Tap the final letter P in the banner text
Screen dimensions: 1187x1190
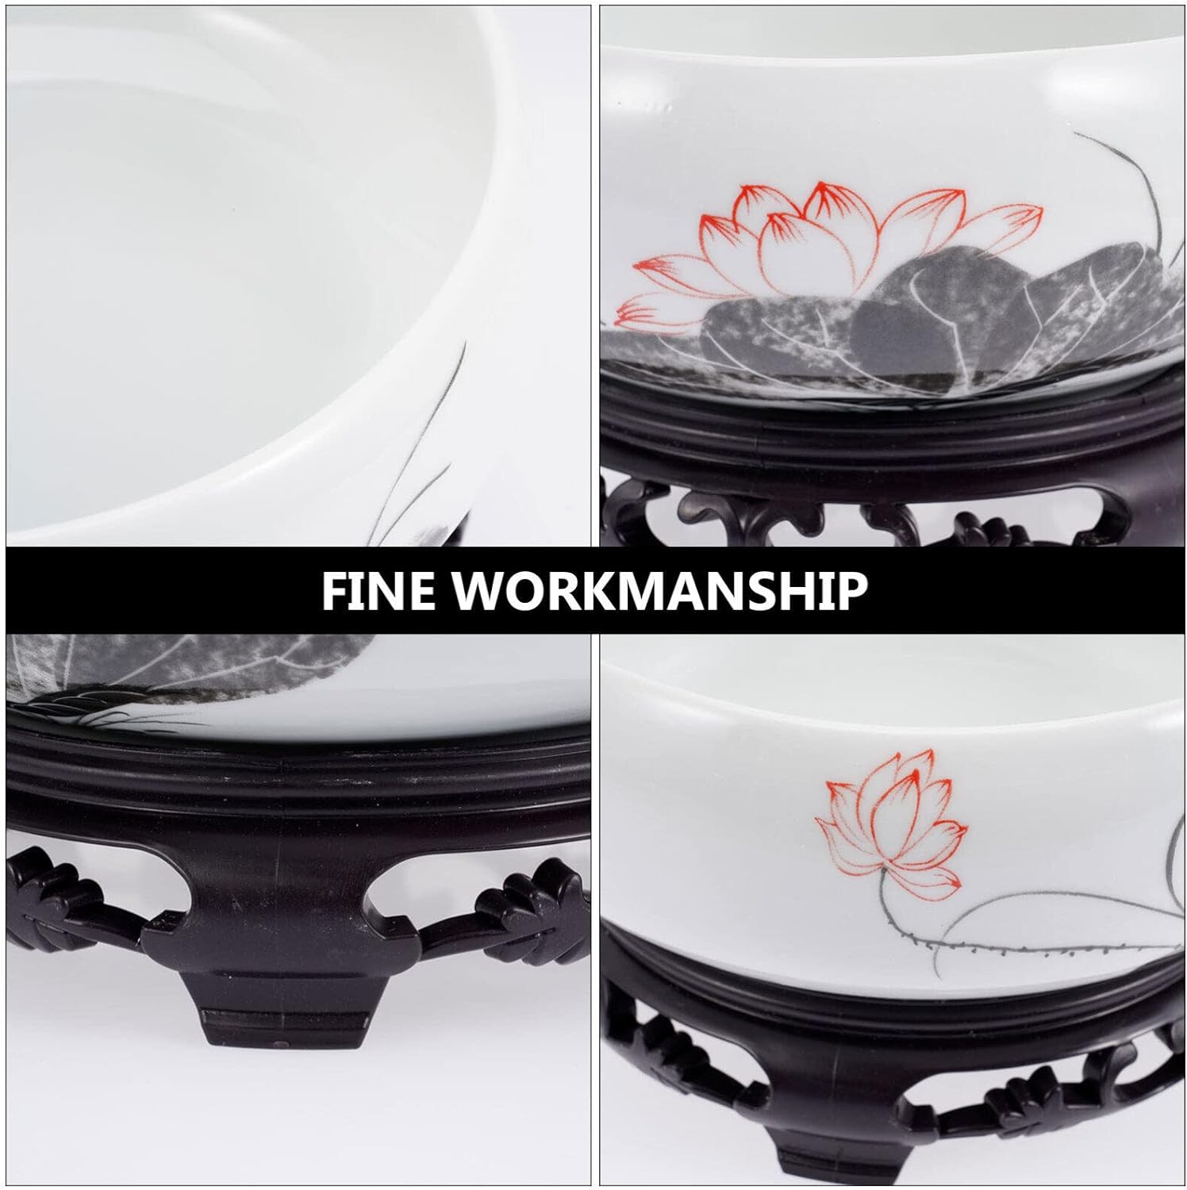[851, 590]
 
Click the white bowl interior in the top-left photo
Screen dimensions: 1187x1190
[230, 262]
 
